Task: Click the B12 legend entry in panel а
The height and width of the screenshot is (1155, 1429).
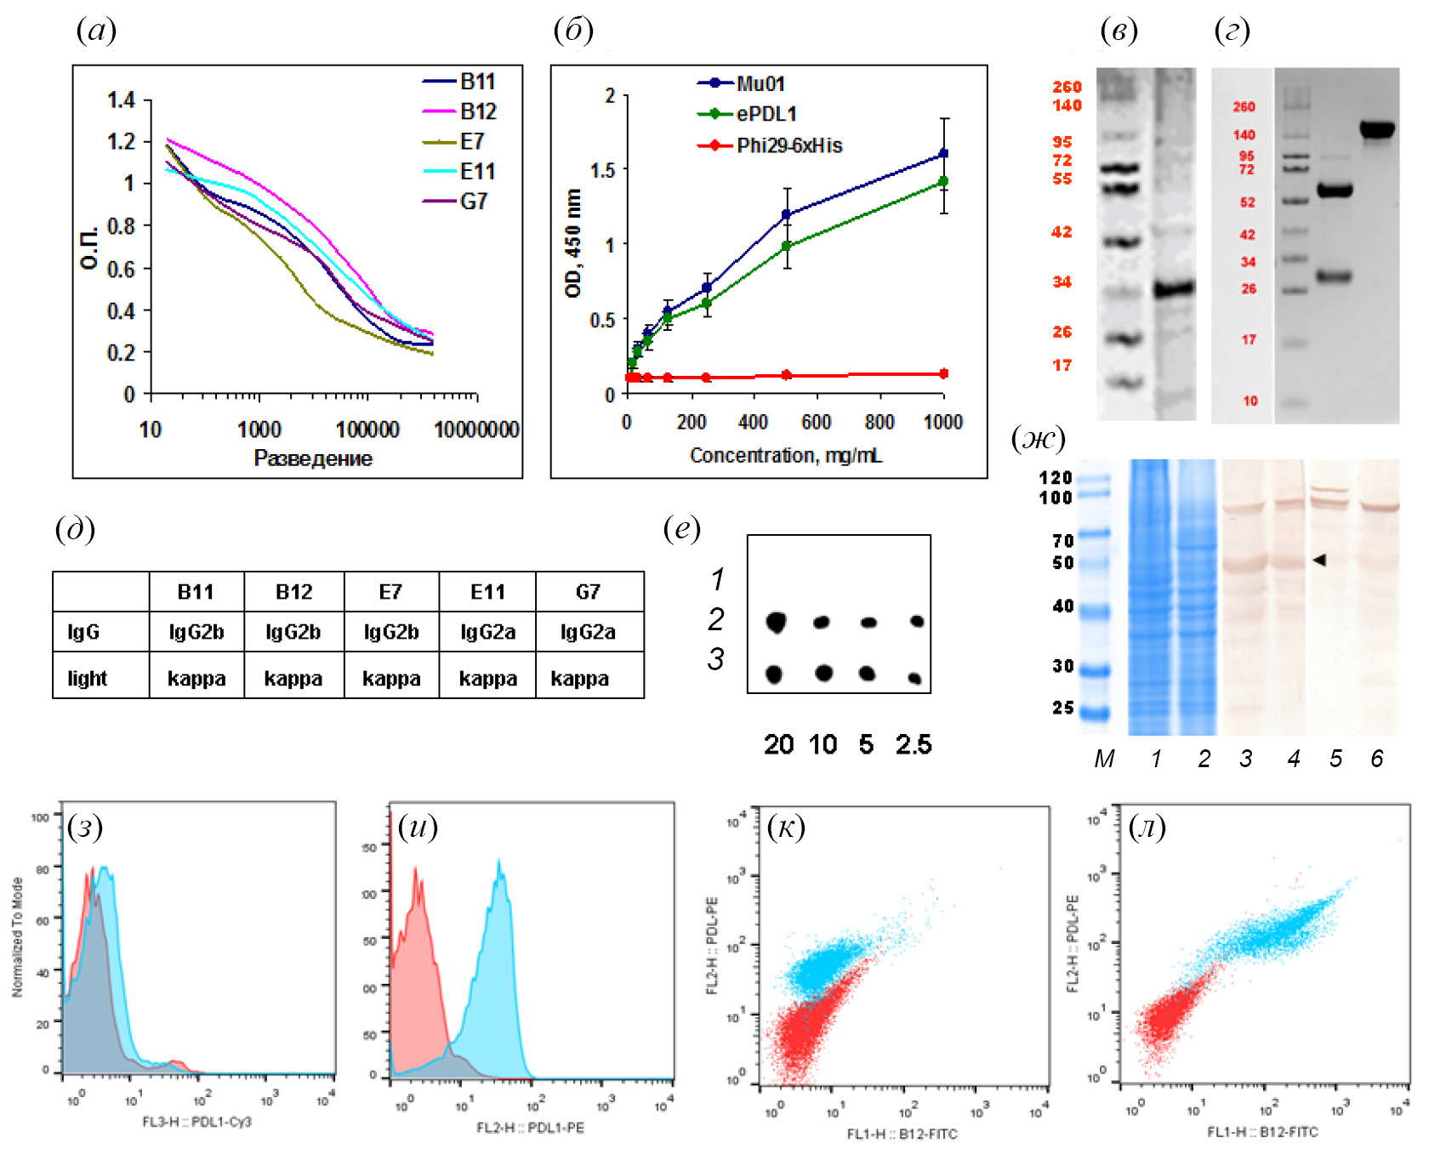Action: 478,111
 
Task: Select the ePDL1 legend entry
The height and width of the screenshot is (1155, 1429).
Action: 766,114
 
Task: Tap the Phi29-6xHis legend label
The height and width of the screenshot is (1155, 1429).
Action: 789,145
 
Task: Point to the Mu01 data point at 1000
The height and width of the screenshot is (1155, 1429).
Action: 943,154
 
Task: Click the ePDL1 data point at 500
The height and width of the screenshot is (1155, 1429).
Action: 787,247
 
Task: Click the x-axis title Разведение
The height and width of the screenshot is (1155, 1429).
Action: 313,458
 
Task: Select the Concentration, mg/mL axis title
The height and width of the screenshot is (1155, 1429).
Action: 785,456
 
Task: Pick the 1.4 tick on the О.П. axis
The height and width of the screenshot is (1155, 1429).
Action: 122,100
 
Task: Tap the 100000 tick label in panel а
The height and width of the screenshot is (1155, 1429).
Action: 367,430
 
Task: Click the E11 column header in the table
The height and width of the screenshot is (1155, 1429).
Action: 487,592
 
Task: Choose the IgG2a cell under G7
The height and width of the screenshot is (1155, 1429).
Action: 588,632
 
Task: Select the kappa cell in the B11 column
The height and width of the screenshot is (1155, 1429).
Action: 196,679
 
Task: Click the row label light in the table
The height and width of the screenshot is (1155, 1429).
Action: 88,679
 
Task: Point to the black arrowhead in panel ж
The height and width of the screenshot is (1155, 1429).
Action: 1319,560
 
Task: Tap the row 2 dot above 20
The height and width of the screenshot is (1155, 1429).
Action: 776,622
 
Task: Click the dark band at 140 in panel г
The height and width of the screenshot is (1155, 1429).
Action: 1376,130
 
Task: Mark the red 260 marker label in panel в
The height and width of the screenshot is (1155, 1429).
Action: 1067,87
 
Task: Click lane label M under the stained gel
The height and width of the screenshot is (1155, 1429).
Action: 1104,759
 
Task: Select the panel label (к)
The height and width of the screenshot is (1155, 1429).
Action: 785,827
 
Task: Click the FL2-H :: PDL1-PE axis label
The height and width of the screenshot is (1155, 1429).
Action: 530,1128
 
